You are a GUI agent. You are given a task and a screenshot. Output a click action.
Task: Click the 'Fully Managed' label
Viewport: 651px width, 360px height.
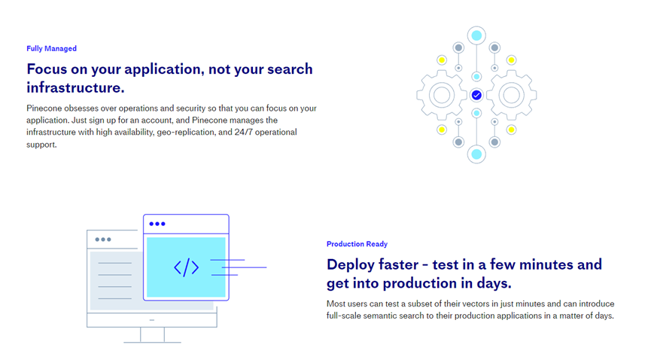point(51,49)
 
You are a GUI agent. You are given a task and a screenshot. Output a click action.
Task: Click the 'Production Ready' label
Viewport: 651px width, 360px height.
point(357,244)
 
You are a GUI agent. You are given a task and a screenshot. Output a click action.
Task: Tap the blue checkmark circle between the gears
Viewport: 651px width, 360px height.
point(476,95)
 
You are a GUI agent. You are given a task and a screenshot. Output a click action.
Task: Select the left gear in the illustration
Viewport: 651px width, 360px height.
point(442,95)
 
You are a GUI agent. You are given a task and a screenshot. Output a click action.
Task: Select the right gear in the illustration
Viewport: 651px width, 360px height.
point(512,95)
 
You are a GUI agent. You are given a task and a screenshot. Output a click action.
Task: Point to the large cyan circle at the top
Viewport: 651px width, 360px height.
point(476,35)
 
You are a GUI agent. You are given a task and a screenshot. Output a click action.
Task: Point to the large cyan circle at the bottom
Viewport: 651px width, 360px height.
point(476,154)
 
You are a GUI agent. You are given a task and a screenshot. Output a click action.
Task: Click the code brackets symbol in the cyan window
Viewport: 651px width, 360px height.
point(187,267)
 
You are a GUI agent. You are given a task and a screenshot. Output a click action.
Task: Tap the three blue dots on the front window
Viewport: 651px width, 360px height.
point(157,224)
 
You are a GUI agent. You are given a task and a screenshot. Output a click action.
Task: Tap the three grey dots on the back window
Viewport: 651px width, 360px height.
point(103,239)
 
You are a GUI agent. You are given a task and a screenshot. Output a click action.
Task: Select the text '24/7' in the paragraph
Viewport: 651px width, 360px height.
point(243,133)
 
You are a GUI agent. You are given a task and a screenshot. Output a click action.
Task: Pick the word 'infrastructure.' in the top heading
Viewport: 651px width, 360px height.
point(75,87)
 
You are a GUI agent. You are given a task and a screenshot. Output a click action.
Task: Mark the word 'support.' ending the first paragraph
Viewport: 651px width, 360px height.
point(41,145)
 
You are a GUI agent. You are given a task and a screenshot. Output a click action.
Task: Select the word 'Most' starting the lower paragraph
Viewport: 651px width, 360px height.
point(336,304)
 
